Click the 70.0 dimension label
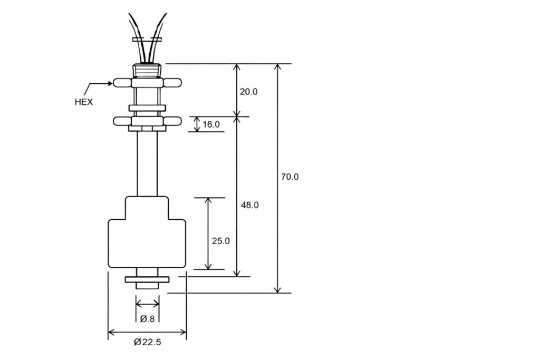point(289,177)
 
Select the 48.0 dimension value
point(249,205)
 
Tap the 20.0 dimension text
point(248,91)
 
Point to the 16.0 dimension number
point(211,124)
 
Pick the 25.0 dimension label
point(221,241)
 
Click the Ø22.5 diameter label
point(147,342)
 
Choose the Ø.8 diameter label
point(147,318)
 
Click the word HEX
point(83,102)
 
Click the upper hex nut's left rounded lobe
point(122,82)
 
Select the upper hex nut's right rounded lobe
point(172,82)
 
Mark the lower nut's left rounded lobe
point(122,121)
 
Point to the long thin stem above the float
point(147,163)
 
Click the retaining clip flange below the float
point(147,279)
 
